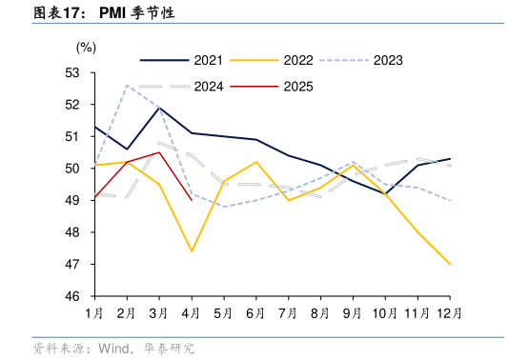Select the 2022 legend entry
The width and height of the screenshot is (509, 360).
297,60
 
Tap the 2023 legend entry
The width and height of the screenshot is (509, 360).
387,60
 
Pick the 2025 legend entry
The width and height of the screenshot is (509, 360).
297,87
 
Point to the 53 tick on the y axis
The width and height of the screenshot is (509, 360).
72,72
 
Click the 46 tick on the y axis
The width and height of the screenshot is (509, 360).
72,296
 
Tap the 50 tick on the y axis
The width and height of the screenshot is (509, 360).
72,169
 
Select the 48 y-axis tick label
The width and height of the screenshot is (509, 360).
72,232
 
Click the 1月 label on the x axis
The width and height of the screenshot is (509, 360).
94,312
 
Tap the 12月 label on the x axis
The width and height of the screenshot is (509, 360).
450,312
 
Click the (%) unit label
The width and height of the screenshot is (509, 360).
86,46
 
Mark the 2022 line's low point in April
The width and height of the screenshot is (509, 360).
192,251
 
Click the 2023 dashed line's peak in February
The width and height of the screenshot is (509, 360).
127,85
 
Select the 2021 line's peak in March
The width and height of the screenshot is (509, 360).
159,108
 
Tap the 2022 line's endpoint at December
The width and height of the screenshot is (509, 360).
450,264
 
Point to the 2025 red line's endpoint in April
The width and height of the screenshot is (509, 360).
192,200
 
